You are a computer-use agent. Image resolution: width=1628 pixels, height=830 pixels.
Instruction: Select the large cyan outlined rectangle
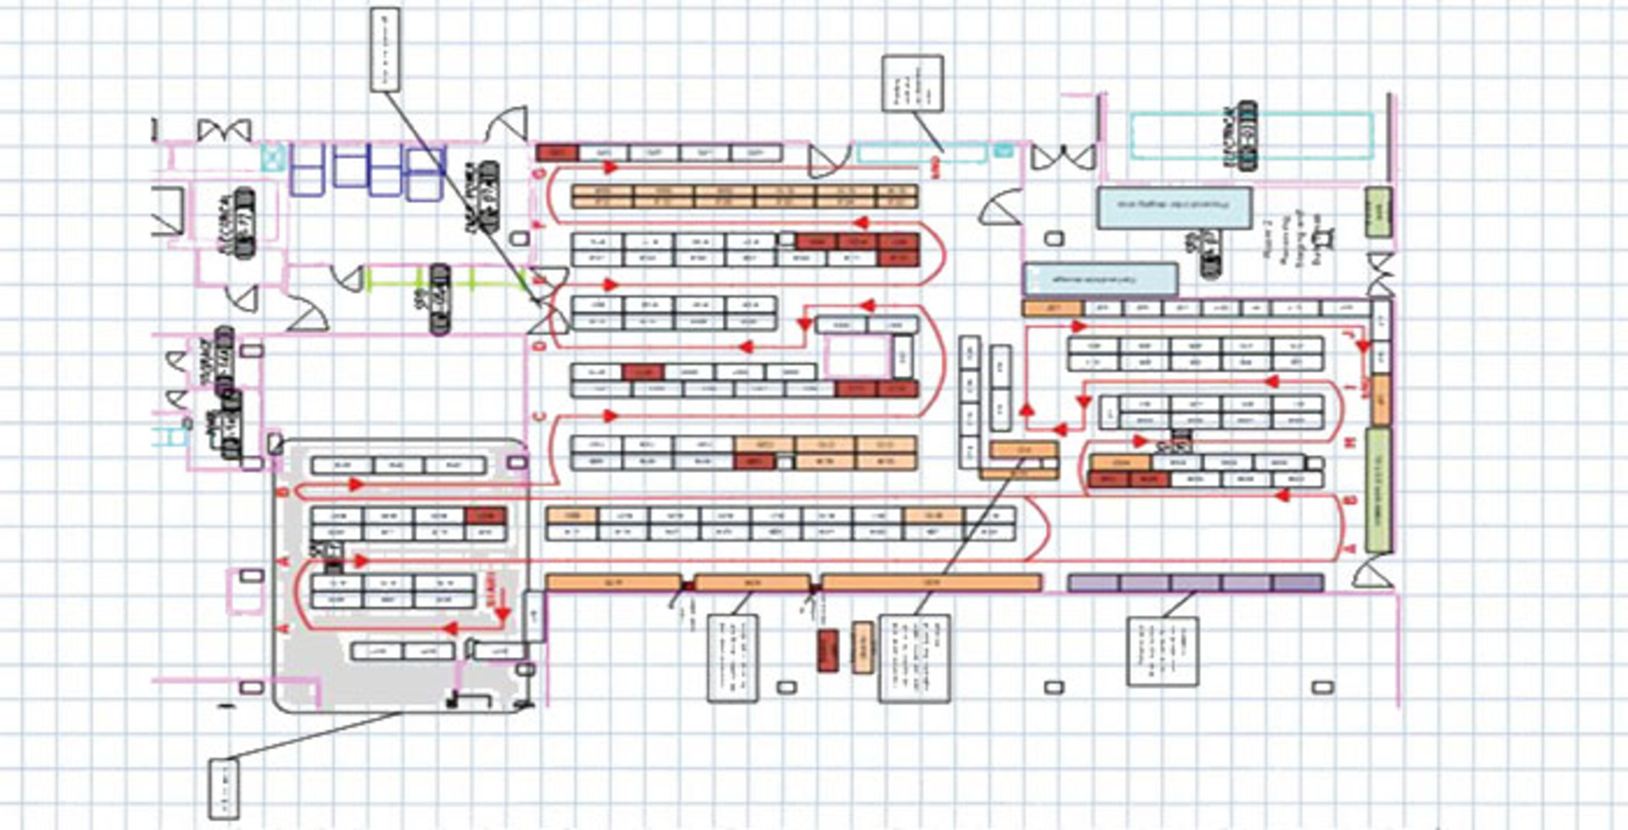(1252, 136)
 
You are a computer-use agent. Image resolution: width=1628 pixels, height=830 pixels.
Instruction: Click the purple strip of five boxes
(1196, 583)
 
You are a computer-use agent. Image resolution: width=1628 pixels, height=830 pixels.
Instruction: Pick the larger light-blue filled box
(1174, 209)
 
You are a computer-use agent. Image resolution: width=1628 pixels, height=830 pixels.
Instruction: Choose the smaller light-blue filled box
(1101, 280)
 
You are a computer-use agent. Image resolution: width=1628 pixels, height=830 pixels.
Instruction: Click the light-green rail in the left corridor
(441, 278)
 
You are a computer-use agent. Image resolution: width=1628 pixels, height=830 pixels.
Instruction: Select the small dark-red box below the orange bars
(828, 651)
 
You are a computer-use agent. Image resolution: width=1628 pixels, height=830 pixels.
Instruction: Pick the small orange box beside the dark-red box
(861, 649)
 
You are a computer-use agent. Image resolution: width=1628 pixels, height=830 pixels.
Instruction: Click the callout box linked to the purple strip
(1162, 651)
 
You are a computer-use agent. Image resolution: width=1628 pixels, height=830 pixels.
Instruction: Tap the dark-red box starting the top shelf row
(557, 153)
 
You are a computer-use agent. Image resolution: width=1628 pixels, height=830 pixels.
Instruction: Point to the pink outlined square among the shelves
(857, 356)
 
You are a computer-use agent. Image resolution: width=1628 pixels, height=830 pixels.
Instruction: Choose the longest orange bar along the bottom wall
(931, 582)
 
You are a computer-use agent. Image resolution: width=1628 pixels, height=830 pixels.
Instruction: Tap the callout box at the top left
(385, 49)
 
